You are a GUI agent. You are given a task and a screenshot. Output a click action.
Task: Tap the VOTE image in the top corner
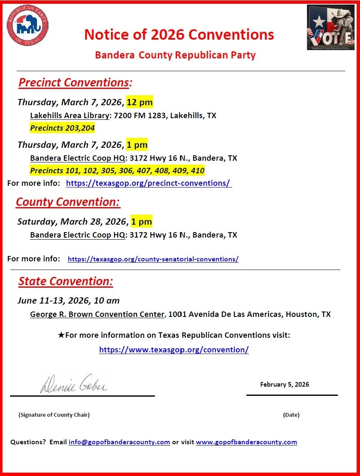331,28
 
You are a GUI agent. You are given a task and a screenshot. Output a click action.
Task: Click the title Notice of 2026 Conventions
179,34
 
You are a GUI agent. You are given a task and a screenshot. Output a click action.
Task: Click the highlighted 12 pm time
140,102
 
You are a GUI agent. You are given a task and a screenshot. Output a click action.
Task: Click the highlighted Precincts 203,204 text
62,128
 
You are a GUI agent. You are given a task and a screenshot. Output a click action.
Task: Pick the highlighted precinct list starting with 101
117,171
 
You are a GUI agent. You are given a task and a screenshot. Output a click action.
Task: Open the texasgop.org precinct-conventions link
149,183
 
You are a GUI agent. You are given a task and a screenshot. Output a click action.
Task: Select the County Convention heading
68,202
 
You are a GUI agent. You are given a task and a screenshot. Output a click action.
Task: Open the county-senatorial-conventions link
153,259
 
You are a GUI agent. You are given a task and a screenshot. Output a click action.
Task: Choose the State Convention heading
66,281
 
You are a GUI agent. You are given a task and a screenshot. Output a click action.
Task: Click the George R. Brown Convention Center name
97,314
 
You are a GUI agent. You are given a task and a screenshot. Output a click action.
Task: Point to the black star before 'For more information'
61,335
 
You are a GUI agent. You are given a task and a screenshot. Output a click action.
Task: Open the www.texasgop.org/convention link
174,350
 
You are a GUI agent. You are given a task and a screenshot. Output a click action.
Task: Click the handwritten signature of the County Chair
74,384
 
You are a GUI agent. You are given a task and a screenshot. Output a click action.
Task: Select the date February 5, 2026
284,385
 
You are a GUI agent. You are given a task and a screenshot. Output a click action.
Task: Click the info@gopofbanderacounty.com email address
119,442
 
